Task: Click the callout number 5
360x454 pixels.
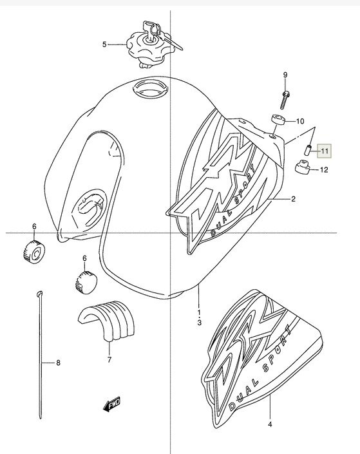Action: tap(104, 44)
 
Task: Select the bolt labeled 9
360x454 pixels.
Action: tap(285, 100)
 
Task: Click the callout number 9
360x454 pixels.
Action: tap(285, 75)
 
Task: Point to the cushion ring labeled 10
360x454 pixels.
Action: tap(278, 120)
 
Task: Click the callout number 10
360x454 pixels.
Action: tap(300, 121)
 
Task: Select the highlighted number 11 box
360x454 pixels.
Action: tap(325, 151)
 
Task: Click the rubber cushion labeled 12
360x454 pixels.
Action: tap(303, 167)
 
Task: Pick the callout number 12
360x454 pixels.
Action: tap(324, 169)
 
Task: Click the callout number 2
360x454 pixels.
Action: tap(293, 198)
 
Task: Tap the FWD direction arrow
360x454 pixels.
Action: tap(111, 403)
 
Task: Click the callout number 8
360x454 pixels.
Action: tap(58, 363)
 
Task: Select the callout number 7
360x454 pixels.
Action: tap(109, 359)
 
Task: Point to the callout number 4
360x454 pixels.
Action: tap(270, 424)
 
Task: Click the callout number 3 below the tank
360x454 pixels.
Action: tap(199, 322)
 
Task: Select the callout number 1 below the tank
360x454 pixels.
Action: tap(199, 312)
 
